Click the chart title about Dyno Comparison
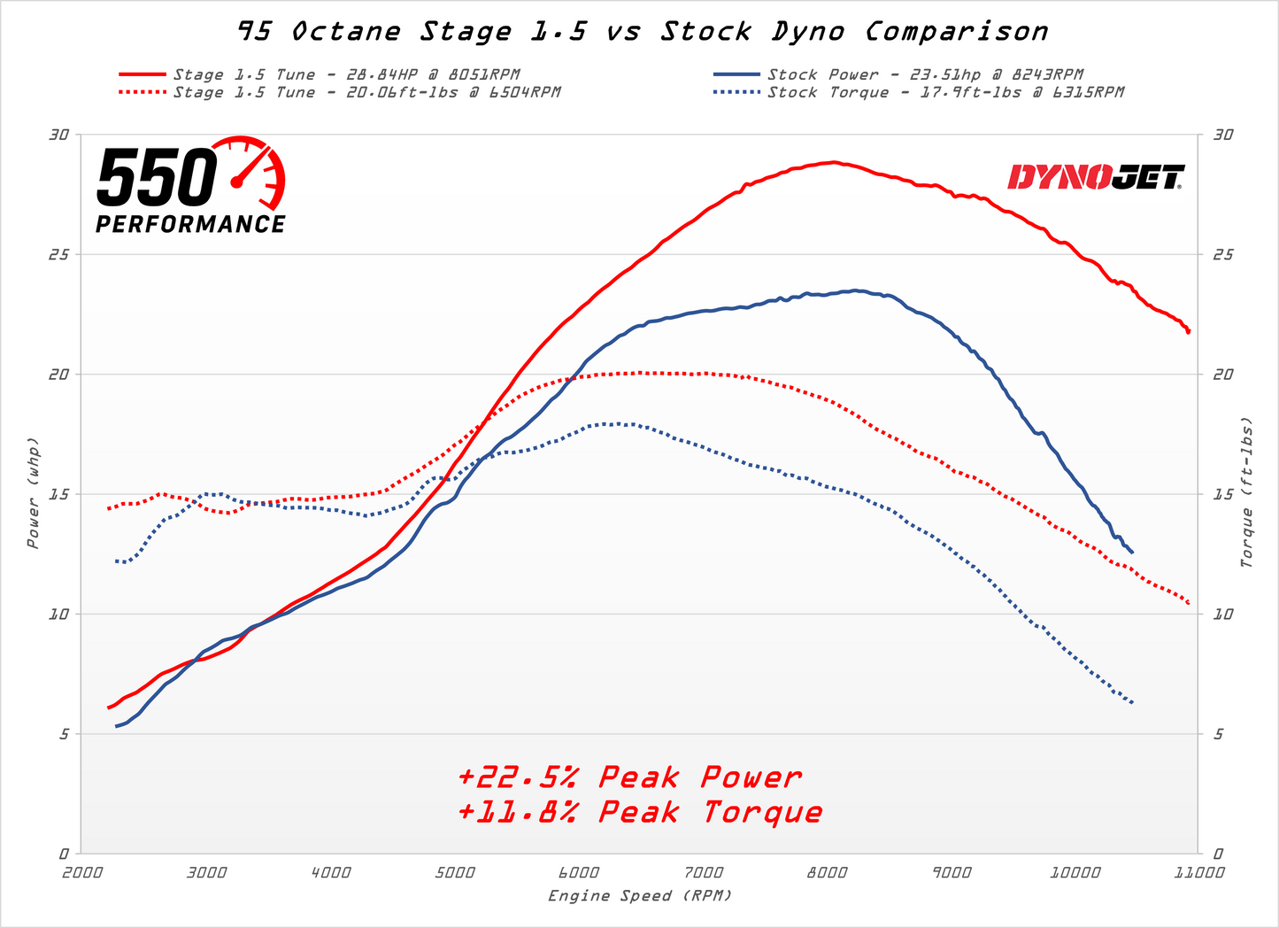coord(643,32)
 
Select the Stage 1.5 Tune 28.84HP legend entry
coord(346,74)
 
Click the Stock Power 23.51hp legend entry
coord(925,74)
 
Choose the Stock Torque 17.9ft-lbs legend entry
coord(945,92)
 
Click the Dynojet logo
coord(1096,177)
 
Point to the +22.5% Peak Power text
coord(629,777)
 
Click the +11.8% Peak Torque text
coord(640,812)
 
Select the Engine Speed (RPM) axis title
coord(640,896)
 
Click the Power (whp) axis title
coord(33,492)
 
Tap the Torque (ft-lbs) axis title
coord(1247,492)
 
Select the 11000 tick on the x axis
coord(1198,872)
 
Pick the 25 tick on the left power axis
coord(58,255)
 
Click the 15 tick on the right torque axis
coord(1223,494)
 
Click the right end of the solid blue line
coord(1132,553)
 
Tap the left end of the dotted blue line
coord(116,561)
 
